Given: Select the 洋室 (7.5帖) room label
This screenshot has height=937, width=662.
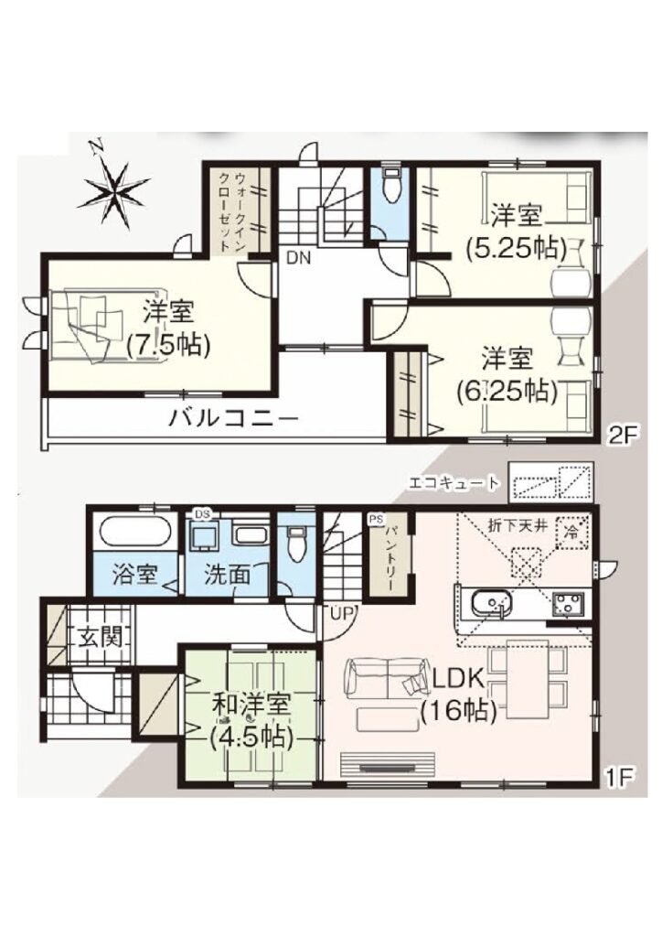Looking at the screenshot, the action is (167, 328).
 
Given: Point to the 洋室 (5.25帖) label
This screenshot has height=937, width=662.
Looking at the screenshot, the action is (516, 232).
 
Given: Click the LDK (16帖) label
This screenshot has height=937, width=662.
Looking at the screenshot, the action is (458, 695).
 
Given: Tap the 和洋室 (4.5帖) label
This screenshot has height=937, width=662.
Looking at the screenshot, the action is (251, 721).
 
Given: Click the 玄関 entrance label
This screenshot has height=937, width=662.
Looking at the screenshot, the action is (101, 638).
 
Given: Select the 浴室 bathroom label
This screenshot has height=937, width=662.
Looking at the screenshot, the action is (135, 575).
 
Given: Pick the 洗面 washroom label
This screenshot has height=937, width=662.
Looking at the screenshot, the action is (228, 575).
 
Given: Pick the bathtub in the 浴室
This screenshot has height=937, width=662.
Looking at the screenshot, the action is (135, 531).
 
